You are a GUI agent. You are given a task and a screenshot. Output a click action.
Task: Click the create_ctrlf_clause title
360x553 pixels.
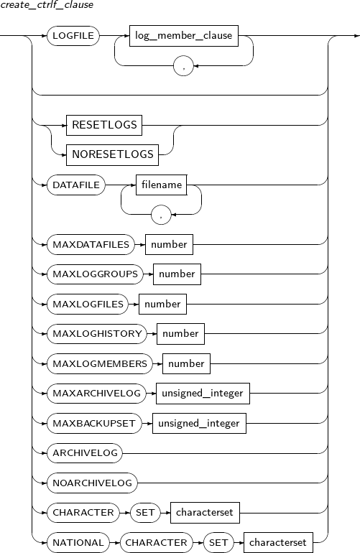[x=47, y=5]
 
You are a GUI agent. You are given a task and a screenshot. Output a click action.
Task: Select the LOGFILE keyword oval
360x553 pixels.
[x=73, y=36]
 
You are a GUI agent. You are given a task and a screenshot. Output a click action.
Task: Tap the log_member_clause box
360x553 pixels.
[x=183, y=36]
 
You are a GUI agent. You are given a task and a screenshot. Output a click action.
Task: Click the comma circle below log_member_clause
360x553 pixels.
[x=183, y=65]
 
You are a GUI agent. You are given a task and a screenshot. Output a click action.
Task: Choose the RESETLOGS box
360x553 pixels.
[x=104, y=125]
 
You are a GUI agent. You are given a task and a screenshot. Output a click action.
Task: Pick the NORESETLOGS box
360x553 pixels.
[x=113, y=155]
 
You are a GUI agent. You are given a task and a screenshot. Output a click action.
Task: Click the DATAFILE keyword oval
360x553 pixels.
[x=76, y=185]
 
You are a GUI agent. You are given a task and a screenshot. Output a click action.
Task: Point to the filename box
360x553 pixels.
[x=162, y=185]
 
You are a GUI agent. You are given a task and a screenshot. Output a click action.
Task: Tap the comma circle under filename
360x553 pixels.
[x=161, y=215]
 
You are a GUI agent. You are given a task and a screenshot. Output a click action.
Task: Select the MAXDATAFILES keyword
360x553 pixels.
[x=91, y=244]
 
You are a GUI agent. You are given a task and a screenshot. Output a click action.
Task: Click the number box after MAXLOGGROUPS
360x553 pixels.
[x=177, y=274]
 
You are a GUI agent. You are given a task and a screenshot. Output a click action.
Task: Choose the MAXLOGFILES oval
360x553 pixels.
[x=88, y=304]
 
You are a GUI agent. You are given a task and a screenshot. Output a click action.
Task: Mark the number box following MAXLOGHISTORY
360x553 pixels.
[x=180, y=334]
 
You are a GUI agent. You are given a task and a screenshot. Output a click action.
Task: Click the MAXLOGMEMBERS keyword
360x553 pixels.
[x=100, y=363]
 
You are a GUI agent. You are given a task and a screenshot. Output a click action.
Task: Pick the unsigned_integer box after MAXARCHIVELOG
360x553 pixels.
[x=203, y=394]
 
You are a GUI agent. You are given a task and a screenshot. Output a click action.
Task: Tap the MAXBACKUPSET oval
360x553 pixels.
[x=94, y=423]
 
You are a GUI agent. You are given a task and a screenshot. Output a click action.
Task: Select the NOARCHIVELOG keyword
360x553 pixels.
[x=92, y=483]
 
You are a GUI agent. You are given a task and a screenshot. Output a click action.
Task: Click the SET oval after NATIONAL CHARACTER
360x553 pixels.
[x=218, y=542]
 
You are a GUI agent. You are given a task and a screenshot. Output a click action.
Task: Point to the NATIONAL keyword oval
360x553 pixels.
[x=78, y=542]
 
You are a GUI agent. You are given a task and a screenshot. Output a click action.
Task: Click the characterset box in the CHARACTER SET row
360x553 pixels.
[x=205, y=513]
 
